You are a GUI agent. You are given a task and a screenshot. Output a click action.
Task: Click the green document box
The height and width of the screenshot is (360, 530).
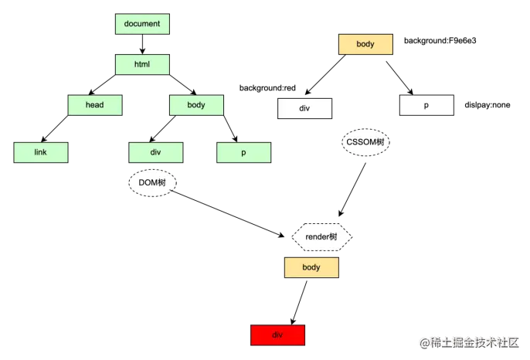click(x=142, y=24)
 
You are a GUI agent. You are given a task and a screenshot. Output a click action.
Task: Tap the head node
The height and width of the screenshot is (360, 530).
click(x=95, y=105)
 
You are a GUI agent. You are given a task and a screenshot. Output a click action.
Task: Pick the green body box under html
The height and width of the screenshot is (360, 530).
click(x=196, y=105)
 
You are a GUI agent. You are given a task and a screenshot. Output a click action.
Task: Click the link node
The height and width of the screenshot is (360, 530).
click(x=41, y=152)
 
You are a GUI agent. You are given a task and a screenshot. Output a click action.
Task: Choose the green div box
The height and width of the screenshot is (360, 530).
click(x=156, y=152)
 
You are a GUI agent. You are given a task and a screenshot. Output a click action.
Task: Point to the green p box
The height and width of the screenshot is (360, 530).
click(x=243, y=153)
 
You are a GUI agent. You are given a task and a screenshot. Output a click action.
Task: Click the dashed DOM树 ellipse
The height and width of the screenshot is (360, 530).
click(x=152, y=183)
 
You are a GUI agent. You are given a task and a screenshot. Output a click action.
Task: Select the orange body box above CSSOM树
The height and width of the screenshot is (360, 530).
click(x=365, y=44)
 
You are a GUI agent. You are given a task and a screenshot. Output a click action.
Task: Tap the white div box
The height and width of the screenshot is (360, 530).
click(x=304, y=108)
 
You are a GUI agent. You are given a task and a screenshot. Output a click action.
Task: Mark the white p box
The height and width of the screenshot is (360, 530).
click(x=426, y=105)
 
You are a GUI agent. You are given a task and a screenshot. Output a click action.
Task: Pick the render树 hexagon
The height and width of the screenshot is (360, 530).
click(x=321, y=237)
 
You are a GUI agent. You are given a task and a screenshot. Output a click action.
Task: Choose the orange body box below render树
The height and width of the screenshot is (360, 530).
click(x=311, y=267)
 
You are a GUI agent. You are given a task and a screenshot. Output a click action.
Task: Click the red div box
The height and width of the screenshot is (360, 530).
click(x=278, y=335)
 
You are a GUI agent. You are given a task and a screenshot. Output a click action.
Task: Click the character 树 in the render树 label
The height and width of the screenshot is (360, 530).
click(x=333, y=237)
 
